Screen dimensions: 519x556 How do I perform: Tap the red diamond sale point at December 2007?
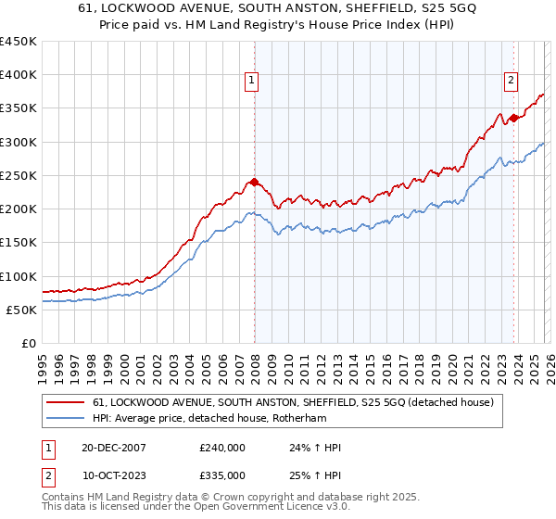pyautogui.click(x=254, y=182)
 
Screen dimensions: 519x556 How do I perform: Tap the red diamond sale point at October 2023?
pyautogui.click(x=512, y=118)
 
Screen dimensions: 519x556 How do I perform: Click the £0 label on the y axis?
pyautogui.click(x=29, y=343)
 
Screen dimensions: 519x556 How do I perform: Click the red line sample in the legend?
pyautogui.click(x=66, y=402)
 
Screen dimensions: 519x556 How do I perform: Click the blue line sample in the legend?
pyautogui.click(x=66, y=420)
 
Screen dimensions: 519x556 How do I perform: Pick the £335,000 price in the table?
pyautogui.click(x=222, y=475)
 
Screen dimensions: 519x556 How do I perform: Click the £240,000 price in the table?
pyautogui.click(x=222, y=448)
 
